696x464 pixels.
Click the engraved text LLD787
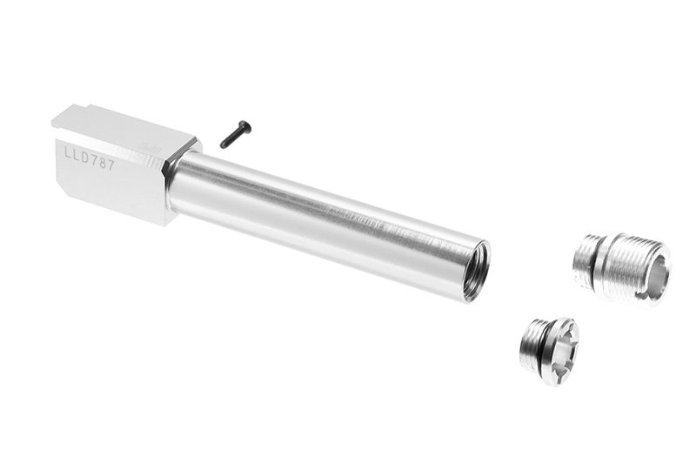click(x=90, y=159)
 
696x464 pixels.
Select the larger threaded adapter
click(x=621, y=272)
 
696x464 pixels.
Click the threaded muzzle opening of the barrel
click(x=478, y=273)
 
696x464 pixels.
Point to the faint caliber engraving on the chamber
click(x=150, y=147)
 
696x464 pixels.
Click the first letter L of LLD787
click(x=69, y=153)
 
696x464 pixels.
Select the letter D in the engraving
click(x=84, y=158)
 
